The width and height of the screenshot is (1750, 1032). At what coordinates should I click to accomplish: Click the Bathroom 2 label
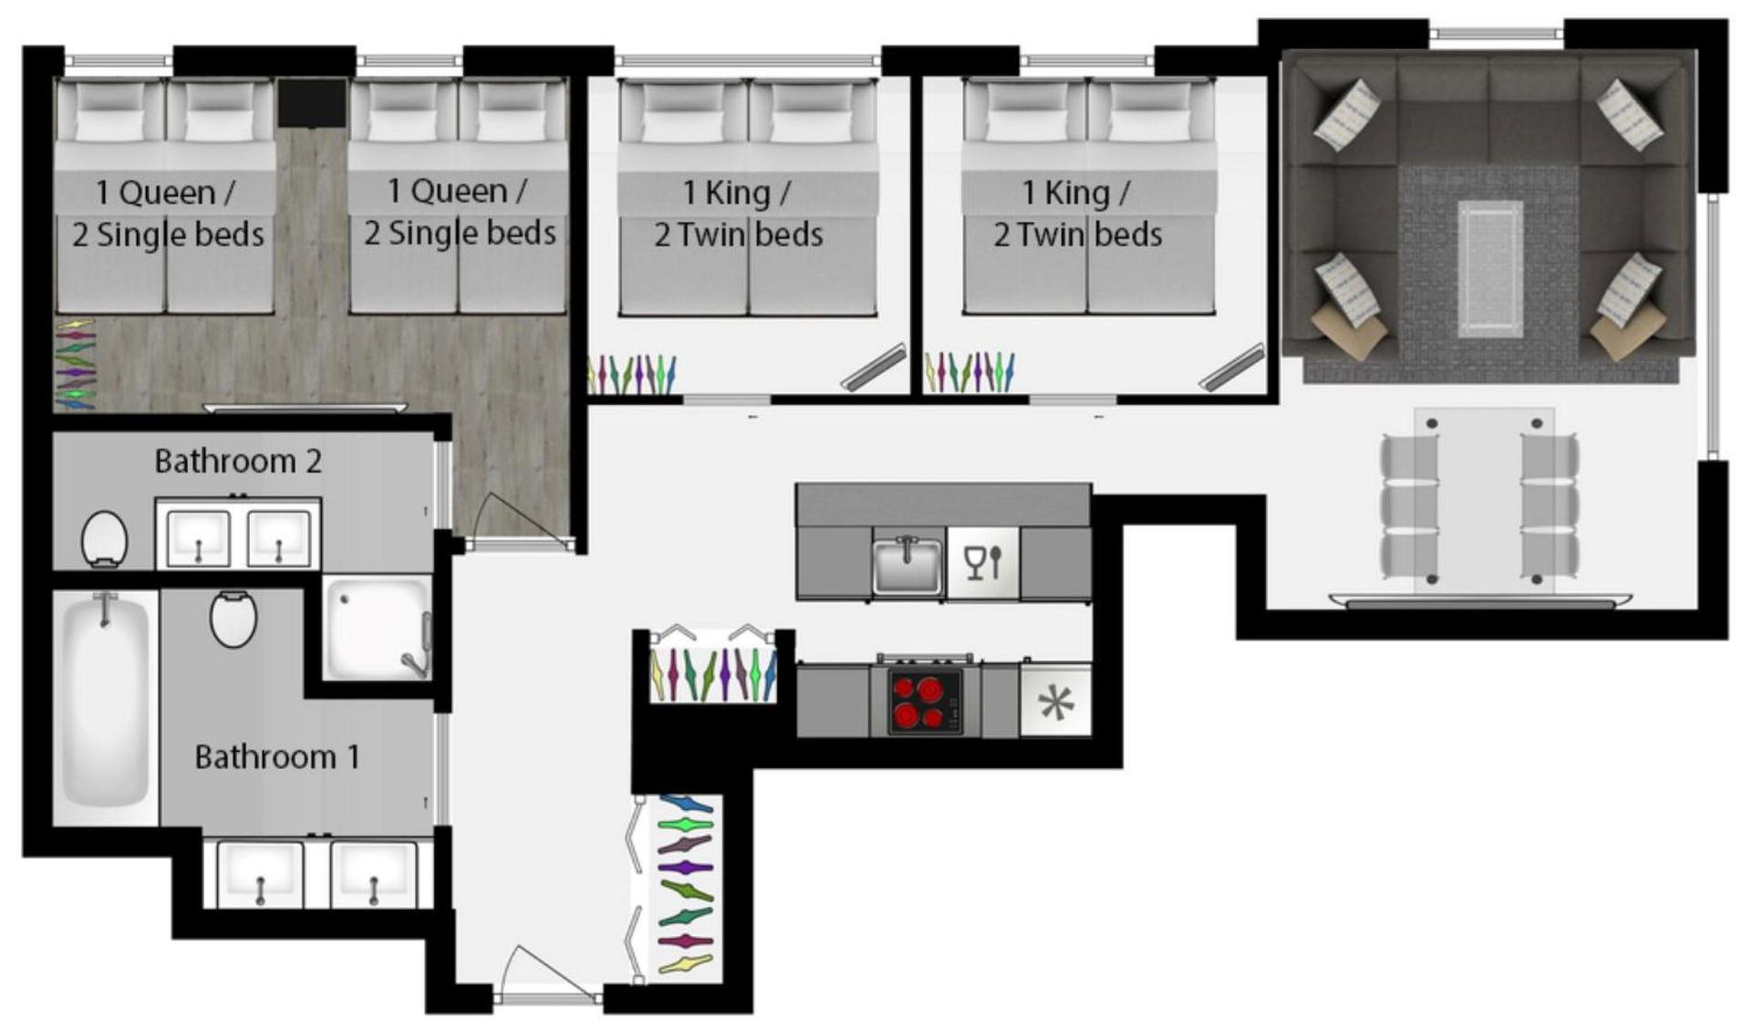238,461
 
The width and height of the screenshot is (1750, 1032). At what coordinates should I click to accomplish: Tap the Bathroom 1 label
277,756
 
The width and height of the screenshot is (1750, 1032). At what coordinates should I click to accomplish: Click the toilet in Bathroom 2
104,538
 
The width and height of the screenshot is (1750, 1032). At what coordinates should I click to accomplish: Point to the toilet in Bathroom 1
233,618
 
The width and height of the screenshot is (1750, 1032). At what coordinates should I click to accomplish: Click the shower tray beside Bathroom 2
378,628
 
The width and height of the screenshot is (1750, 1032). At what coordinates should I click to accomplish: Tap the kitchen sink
908,565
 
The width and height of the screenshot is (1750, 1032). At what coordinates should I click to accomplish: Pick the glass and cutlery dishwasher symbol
983,563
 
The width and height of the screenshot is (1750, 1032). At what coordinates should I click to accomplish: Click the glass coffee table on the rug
1490,268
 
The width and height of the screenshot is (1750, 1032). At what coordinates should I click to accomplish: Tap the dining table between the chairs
1484,500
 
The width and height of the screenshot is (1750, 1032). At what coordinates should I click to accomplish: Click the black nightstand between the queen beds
312,102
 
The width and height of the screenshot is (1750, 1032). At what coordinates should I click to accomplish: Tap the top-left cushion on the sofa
1347,115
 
